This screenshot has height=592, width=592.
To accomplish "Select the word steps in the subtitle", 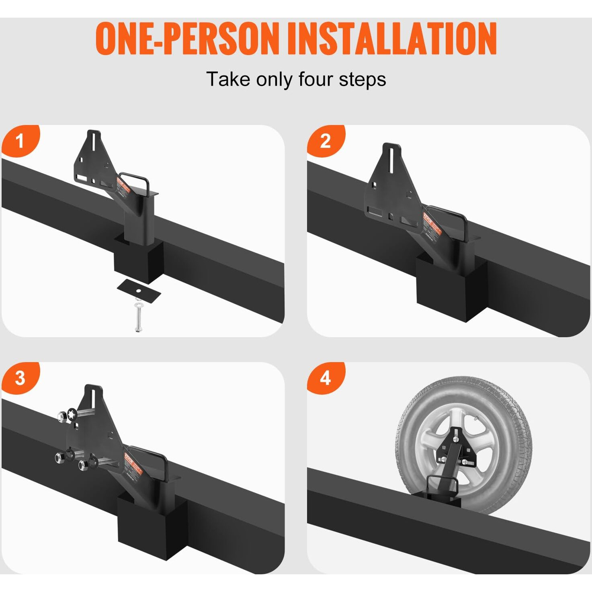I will [362, 79].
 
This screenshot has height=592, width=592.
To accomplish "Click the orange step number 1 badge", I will [20, 141].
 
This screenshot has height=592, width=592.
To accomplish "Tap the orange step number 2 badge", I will [326, 141].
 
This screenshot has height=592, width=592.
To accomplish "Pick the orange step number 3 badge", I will [20, 378].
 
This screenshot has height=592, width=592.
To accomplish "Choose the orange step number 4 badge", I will [326, 378].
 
